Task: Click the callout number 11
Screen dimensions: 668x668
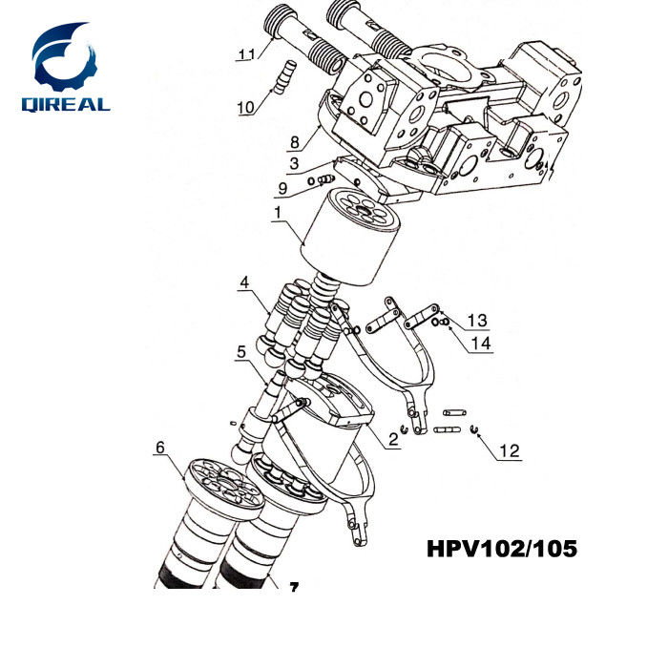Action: tap(246, 54)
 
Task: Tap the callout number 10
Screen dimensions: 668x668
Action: tap(245, 107)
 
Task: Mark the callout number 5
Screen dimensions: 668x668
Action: tap(241, 350)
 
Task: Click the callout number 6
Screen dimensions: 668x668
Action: tap(160, 446)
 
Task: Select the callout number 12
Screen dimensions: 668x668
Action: tap(511, 450)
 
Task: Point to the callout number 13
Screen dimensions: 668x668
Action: tap(476, 319)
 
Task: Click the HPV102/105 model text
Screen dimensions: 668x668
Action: tap(500, 551)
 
